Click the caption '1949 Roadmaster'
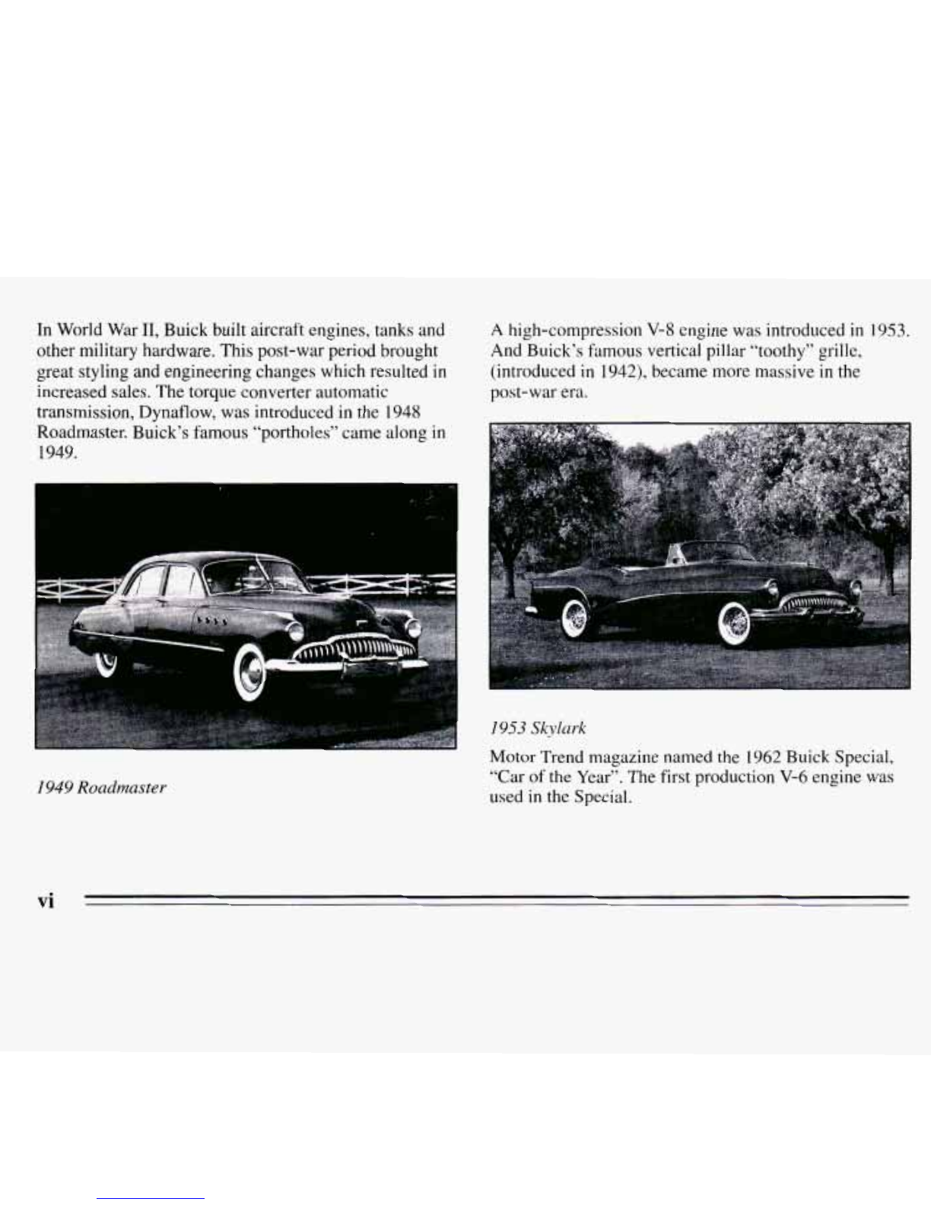coord(100,787)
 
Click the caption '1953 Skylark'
coord(539,728)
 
